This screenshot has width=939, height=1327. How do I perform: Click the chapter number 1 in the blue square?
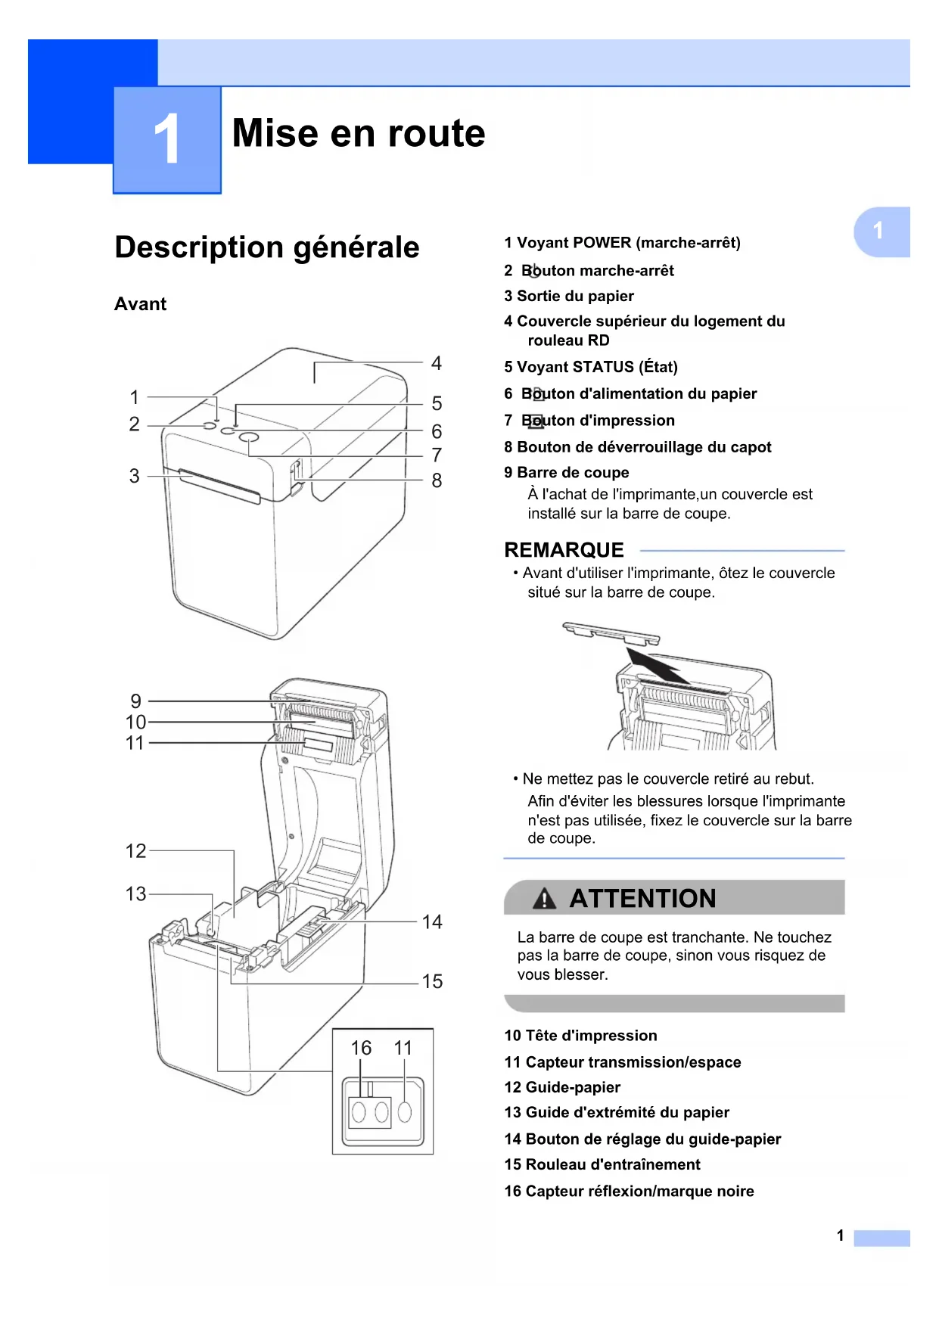tap(166, 139)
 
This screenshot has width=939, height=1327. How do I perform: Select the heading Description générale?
tap(266, 247)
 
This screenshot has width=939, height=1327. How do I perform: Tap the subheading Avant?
tap(140, 304)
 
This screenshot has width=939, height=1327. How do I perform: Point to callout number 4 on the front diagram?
tap(437, 363)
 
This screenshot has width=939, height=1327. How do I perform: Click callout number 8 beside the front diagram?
tap(437, 480)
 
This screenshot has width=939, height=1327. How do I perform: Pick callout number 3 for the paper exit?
tap(134, 476)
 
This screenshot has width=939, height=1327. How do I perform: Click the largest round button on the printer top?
tap(249, 439)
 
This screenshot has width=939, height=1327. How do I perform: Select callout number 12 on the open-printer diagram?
tap(135, 851)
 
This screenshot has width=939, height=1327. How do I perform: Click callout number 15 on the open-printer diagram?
tap(432, 981)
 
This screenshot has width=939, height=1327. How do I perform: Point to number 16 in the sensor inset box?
tap(361, 1048)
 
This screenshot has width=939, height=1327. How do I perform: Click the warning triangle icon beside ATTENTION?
tap(544, 899)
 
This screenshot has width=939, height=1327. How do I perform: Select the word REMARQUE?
tap(564, 550)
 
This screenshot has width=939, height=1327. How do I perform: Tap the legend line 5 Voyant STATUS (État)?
tap(591, 367)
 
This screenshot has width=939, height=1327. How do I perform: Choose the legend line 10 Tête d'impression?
tap(580, 1036)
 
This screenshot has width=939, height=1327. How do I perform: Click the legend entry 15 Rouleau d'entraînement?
tap(602, 1164)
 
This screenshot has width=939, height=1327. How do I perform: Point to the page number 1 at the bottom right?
tap(840, 1235)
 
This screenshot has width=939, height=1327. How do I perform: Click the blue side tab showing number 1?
tap(879, 231)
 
